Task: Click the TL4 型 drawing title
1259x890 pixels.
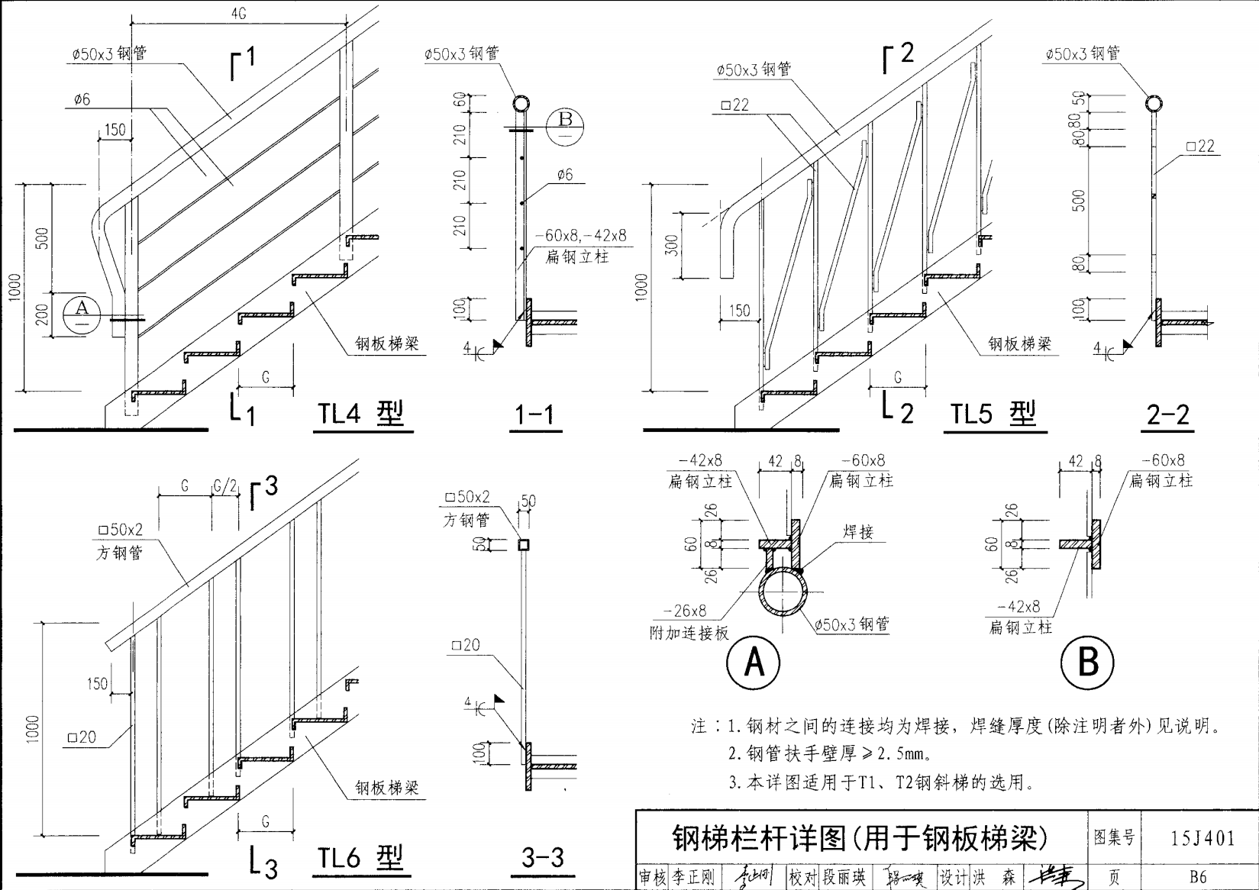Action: (360, 414)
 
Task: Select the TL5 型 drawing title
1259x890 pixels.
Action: (993, 414)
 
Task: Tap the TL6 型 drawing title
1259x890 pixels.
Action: (360, 858)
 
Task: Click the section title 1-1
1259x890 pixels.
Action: (534, 414)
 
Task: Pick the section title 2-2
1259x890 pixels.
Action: (1168, 414)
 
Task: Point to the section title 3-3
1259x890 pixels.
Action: (542, 858)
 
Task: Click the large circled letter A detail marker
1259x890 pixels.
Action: (754, 662)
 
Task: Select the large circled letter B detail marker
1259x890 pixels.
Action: (1088, 662)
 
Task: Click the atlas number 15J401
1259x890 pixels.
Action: (1203, 839)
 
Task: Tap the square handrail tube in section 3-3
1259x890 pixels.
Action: (524, 545)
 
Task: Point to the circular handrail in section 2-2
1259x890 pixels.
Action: (1153, 105)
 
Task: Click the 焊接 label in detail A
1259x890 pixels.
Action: (859, 533)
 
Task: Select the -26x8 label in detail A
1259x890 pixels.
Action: (685, 611)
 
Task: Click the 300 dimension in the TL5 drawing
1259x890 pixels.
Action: (671, 245)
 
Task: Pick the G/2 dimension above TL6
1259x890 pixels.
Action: (225, 486)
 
